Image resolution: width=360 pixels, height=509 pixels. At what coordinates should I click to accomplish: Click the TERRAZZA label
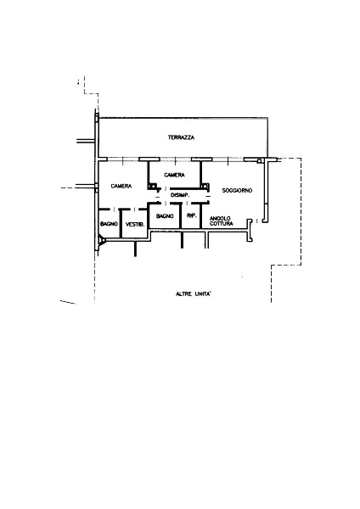tap(182, 137)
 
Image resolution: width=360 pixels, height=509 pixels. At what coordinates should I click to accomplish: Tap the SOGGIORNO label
tap(237, 191)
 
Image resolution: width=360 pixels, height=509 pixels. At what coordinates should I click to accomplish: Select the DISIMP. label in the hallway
tap(180, 195)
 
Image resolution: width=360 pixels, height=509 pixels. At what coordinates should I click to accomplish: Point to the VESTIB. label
tap(135, 224)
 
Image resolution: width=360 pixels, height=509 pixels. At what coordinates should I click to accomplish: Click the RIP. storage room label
tap(192, 215)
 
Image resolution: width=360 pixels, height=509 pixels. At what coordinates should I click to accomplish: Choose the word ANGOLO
tap(220, 219)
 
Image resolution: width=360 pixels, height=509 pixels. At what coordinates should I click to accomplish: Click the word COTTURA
tap(222, 224)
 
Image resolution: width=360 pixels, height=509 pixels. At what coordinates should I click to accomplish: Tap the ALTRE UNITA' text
tap(194, 294)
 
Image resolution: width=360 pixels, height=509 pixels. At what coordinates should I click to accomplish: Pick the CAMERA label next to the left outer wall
tap(121, 186)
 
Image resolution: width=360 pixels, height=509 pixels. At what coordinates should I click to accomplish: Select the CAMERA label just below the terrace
tap(174, 175)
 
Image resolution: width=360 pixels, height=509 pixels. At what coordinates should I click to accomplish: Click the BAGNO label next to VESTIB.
tap(109, 224)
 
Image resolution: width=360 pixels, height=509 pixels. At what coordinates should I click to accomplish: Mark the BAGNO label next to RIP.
tap(165, 215)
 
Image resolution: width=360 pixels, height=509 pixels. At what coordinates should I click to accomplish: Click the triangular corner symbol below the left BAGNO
tap(102, 241)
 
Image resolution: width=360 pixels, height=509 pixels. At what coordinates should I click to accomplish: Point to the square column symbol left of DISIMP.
tap(152, 187)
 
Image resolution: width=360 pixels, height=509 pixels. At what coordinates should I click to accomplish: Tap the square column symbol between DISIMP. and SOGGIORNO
tap(205, 187)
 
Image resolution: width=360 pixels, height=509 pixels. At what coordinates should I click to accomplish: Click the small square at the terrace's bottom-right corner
tap(260, 160)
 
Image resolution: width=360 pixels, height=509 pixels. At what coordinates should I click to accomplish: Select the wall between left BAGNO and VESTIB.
tap(121, 223)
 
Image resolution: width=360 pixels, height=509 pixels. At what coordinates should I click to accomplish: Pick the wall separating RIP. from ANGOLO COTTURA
tap(201, 215)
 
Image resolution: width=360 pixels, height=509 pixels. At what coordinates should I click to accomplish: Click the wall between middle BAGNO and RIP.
tap(180, 215)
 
